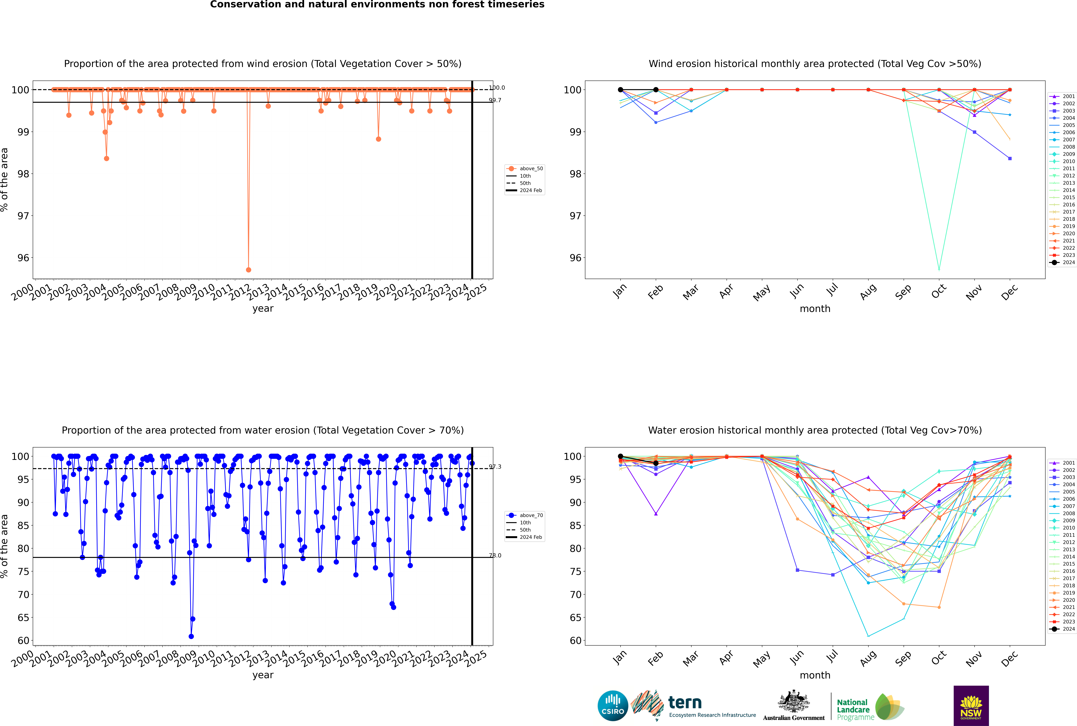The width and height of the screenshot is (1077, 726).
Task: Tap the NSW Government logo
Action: tap(971, 705)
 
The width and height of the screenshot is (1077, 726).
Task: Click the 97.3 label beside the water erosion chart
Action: tap(495, 467)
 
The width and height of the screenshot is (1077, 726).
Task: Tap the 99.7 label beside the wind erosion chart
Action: tap(495, 100)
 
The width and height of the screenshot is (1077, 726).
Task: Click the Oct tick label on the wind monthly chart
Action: tap(939, 292)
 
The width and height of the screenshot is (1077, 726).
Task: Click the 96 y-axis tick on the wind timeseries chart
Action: tap(23, 258)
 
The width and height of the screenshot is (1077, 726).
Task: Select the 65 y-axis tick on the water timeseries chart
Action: tap(23, 618)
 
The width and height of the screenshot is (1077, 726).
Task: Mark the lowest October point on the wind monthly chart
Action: tap(939, 269)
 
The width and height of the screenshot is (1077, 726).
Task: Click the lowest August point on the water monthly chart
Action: tap(868, 636)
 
